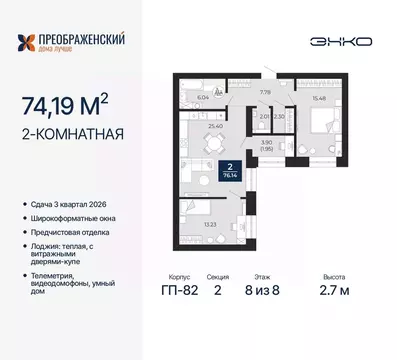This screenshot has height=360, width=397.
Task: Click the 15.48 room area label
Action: [x=294, y=96]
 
